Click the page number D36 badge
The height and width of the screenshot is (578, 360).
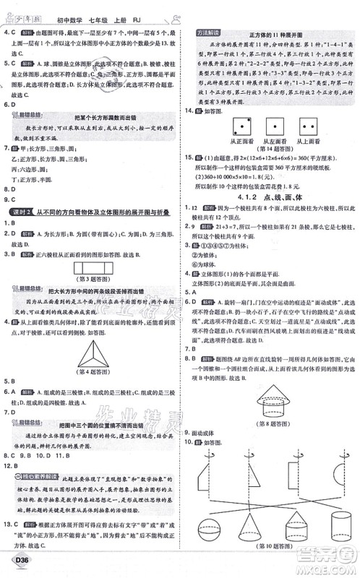[17, 565]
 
